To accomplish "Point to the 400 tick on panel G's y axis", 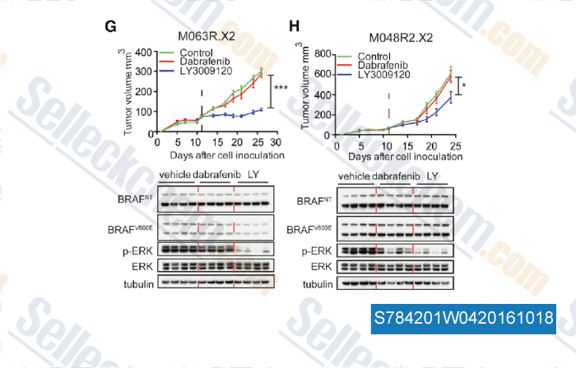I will pos(145,52).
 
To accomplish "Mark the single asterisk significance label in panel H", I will pos(465,85).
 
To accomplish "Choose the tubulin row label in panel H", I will pos(318,284).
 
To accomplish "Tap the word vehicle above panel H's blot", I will pos(355,177).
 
